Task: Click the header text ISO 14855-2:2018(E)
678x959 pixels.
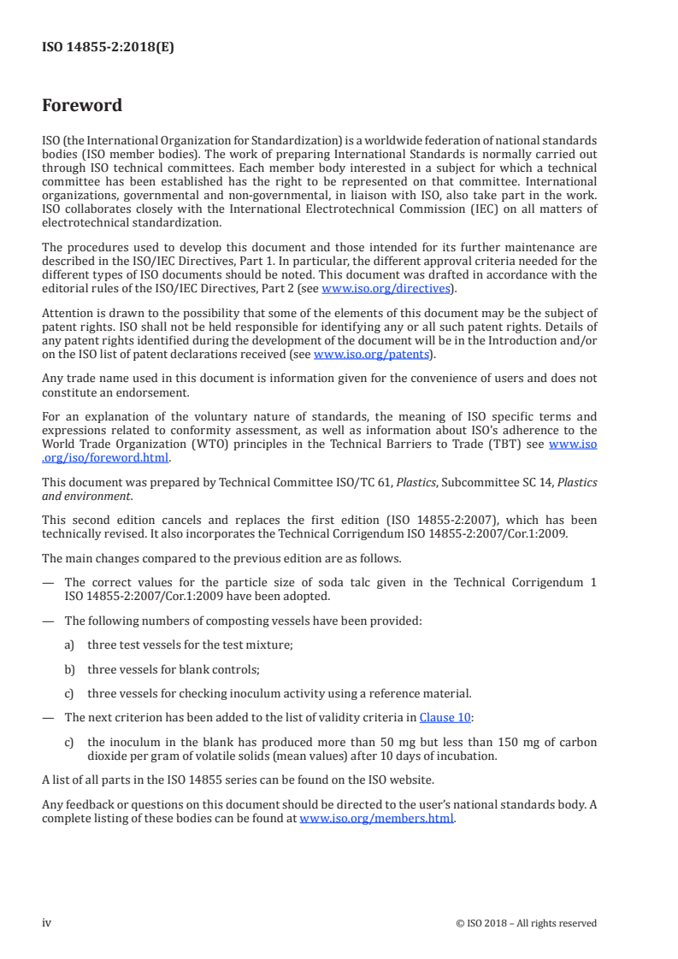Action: pos(108,48)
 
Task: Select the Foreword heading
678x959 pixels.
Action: pos(82,106)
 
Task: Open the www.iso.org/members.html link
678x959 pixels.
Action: pos(376,818)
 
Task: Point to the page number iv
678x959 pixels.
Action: pos(47,922)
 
